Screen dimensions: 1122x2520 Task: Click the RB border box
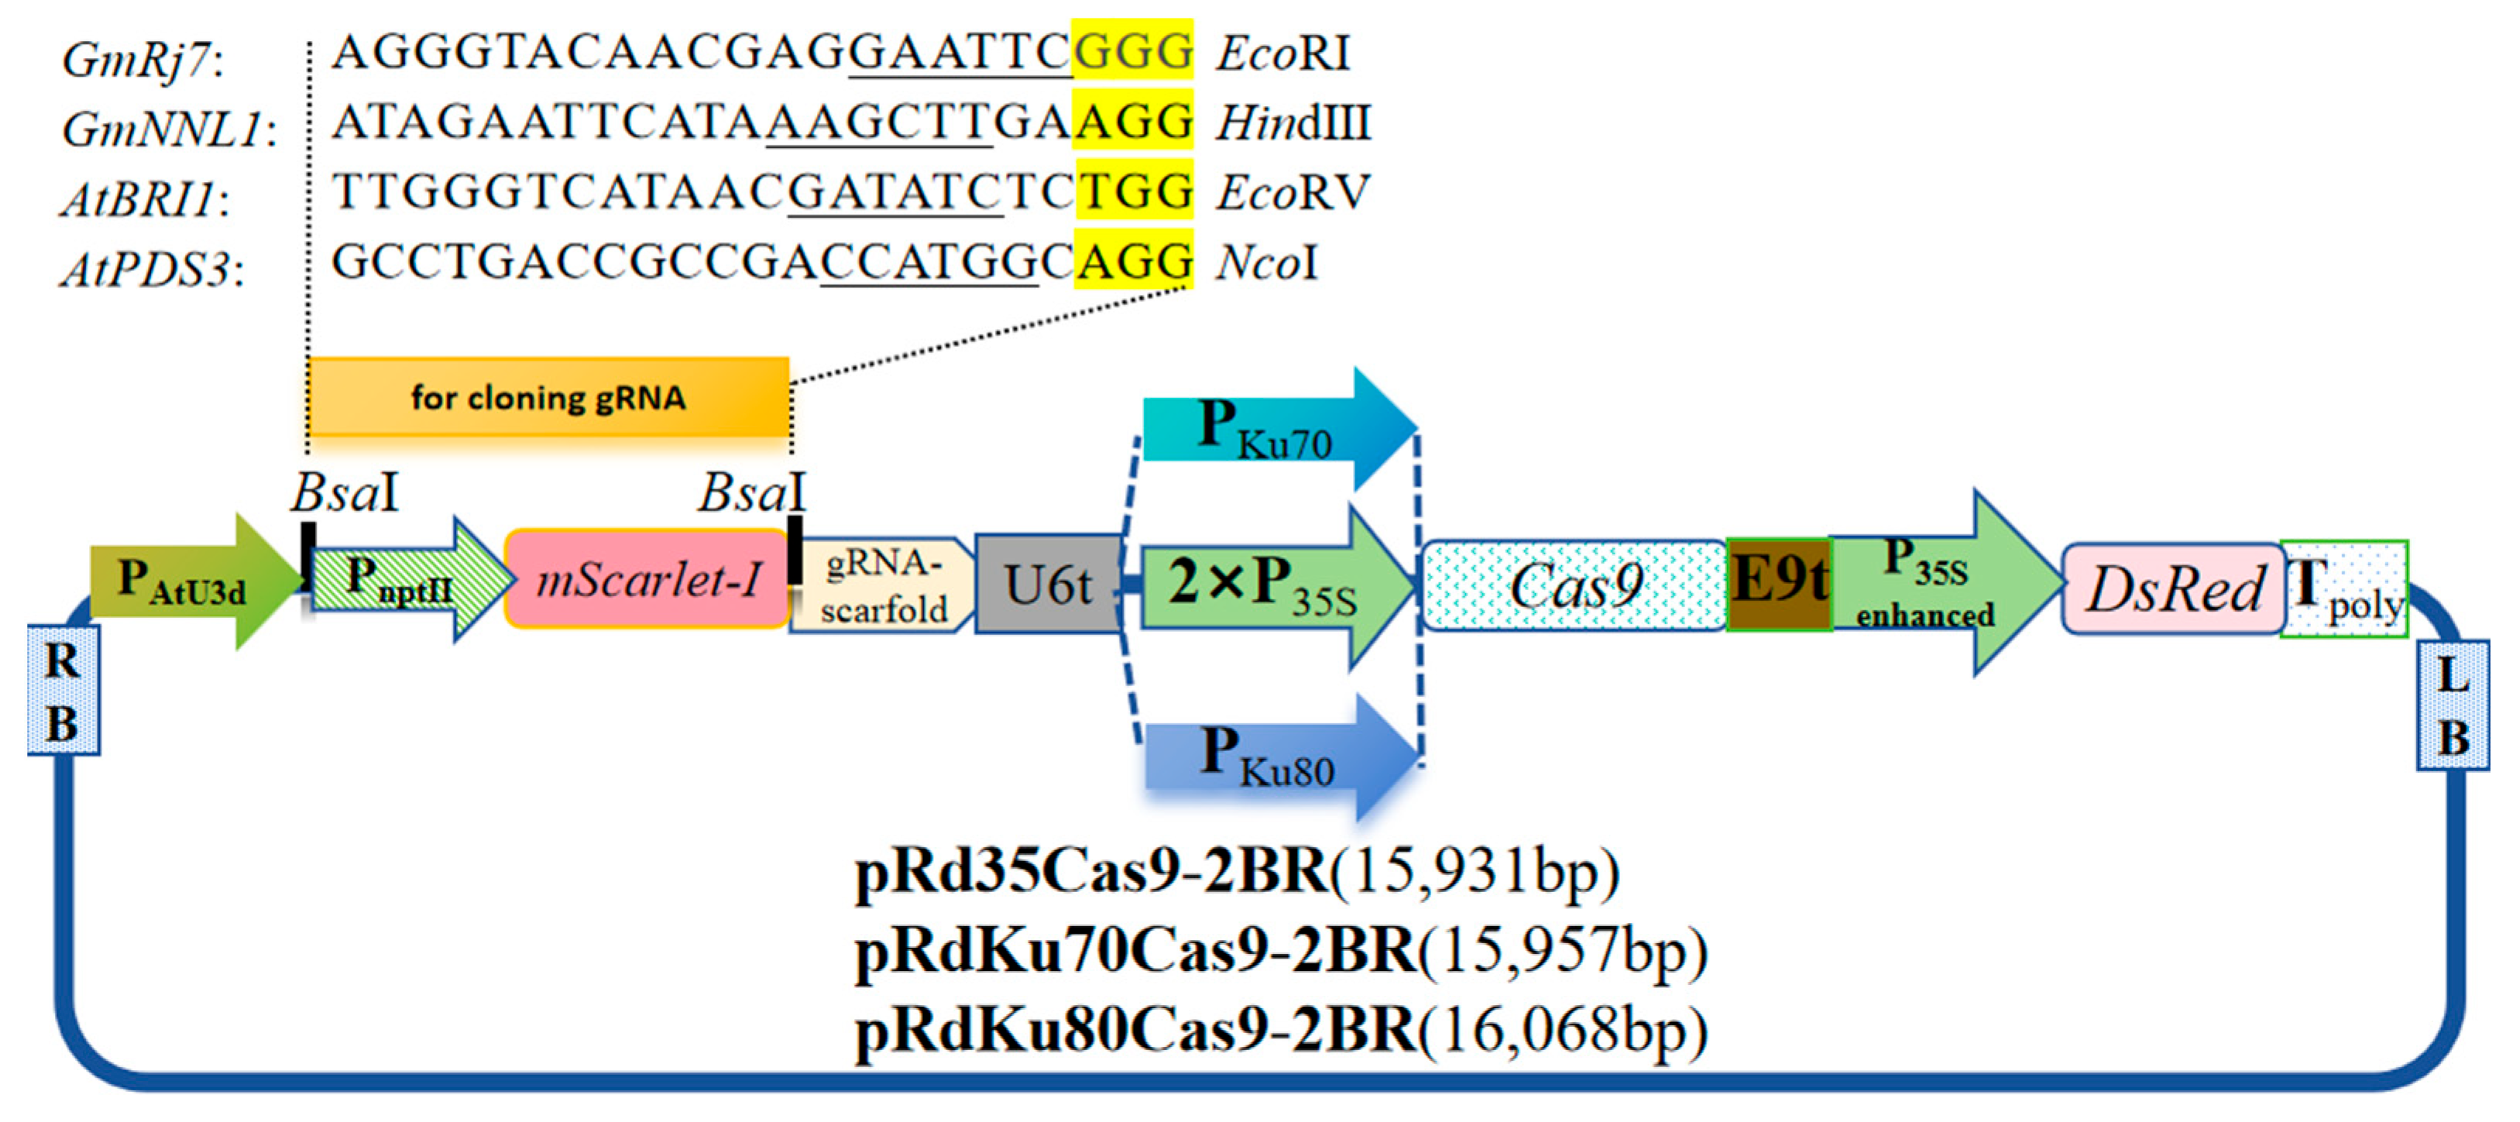[x=63, y=691]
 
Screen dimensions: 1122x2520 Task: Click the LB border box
[x=2452, y=705]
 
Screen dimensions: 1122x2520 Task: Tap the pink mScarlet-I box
[x=647, y=580]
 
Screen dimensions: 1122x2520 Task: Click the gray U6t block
[x=1047, y=585]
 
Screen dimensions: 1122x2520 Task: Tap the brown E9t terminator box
[x=1778, y=585]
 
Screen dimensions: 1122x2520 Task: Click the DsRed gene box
[x=2174, y=588]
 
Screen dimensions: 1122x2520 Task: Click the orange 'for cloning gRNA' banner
[x=548, y=397]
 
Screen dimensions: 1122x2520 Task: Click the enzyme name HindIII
[x=1293, y=124]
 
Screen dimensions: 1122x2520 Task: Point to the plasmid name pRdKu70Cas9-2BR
[x=1135, y=951]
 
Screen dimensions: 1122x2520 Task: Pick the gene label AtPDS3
[x=146, y=269]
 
